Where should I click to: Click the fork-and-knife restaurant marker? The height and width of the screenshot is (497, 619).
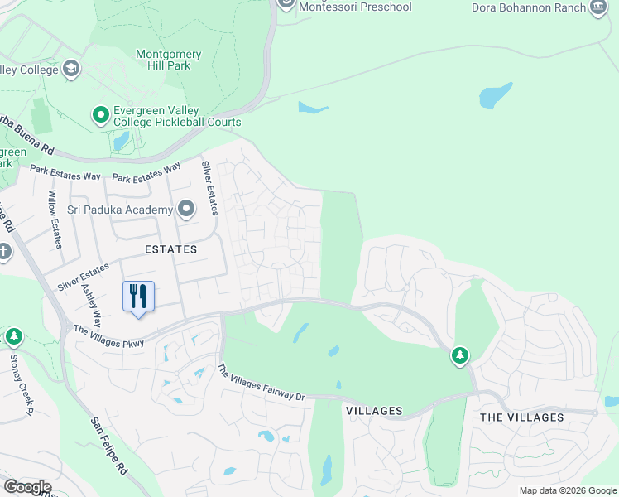(138, 297)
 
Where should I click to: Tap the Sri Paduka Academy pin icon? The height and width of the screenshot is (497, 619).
(185, 210)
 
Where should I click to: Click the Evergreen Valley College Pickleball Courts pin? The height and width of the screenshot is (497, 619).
(101, 114)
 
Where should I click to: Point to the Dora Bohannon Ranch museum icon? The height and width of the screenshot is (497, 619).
(598, 7)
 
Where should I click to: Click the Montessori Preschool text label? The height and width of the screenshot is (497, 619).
(355, 7)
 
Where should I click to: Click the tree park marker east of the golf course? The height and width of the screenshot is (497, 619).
(459, 356)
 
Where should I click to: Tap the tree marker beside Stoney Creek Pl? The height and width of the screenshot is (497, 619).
(12, 336)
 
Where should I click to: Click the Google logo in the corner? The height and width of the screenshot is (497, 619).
(26, 487)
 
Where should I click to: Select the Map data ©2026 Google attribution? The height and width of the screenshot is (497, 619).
(567, 490)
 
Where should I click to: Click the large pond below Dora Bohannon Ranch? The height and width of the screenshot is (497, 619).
(496, 95)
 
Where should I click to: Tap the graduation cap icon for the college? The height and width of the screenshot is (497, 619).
(71, 69)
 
